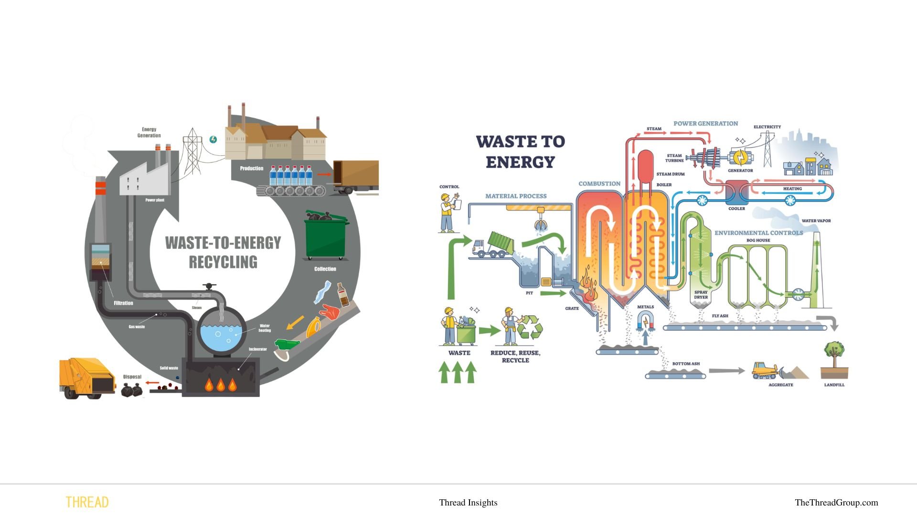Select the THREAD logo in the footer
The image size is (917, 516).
coord(87,502)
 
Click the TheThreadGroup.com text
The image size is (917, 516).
coord(836,502)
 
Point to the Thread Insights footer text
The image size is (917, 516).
coord(468,502)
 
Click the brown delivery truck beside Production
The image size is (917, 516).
coord(356,177)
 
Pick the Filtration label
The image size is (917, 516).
coord(123,303)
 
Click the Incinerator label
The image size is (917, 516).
coord(257,349)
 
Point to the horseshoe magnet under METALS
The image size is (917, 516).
coord(645,320)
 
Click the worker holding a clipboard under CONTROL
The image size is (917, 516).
coord(448,213)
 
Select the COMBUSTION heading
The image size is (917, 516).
coord(599,183)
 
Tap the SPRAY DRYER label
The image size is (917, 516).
coord(701,294)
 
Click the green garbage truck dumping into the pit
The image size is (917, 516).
coord(494,245)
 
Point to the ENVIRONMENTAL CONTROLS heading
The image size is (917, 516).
coord(758,233)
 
